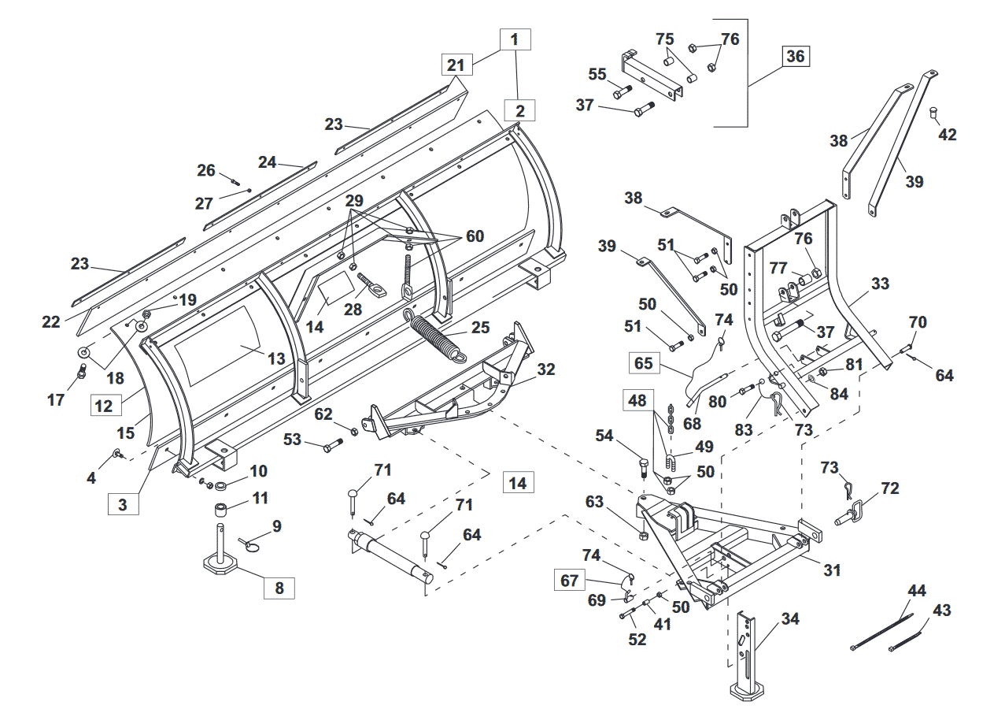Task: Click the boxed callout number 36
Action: point(795,57)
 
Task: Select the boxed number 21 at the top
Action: point(456,65)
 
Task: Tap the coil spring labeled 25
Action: point(434,336)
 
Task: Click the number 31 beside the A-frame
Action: point(832,570)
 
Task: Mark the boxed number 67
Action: point(570,581)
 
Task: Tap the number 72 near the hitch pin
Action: point(889,488)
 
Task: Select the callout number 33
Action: point(880,284)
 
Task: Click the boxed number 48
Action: point(637,401)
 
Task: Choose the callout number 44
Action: point(917,591)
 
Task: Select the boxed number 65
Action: point(644,363)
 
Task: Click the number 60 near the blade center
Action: point(475,236)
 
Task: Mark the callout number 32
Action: point(546,369)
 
